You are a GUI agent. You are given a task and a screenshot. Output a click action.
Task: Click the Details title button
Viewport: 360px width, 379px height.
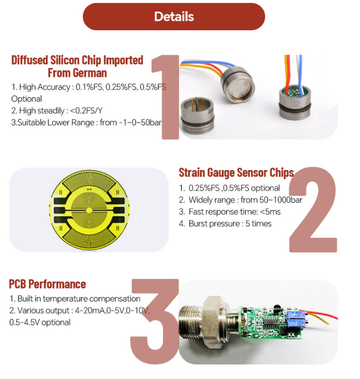pyautogui.click(x=174, y=17)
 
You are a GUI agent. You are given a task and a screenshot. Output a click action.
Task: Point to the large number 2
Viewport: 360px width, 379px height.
pyautogui.click(x=313, y=210)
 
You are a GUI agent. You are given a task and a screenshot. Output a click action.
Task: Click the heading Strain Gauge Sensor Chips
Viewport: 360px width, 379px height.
pyautogui.click(x=236, y=172)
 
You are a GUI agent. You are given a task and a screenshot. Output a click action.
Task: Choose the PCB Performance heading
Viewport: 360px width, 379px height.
pyautogui.click(x=48, y=284)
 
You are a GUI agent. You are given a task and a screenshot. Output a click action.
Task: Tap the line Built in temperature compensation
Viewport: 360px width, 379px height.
pyautogui.click(x=74, y=299)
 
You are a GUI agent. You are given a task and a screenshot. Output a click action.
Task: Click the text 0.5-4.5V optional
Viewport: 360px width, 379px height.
pyautogui.click(x=40, y=322)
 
